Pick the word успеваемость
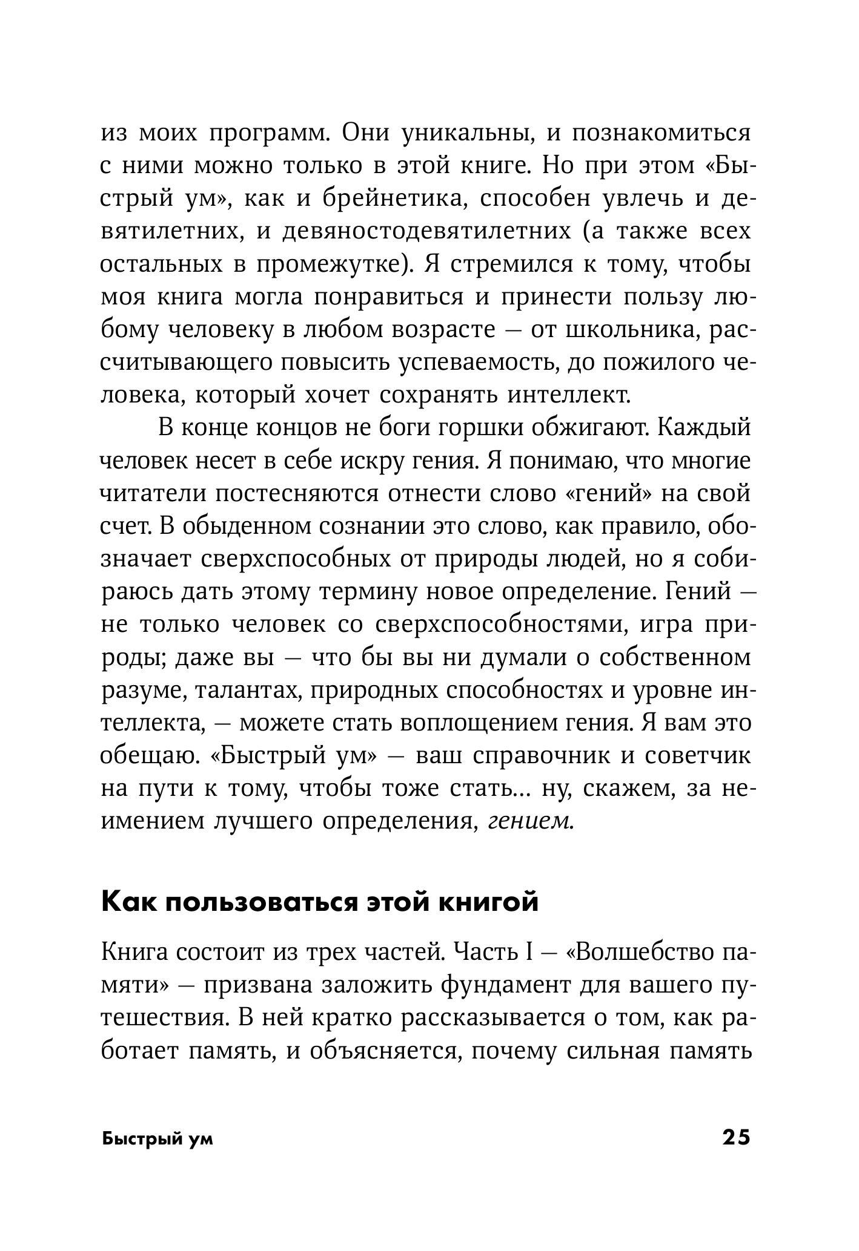[x=475, y=363]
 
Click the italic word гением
[x=530, y=821]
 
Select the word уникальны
[x=467, y=133]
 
